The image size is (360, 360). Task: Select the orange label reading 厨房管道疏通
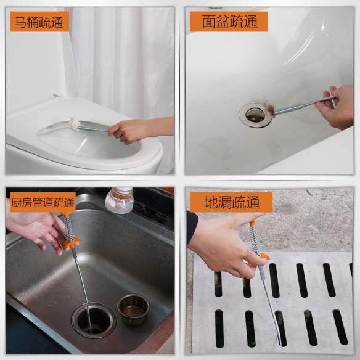(43, 202)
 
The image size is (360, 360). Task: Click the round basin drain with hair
(256, 114)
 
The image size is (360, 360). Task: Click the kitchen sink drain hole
(94, 320)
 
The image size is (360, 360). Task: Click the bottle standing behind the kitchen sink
(120, 201)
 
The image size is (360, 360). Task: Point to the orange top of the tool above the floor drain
(253, 221)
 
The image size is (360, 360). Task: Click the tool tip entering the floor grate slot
(279, 339)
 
